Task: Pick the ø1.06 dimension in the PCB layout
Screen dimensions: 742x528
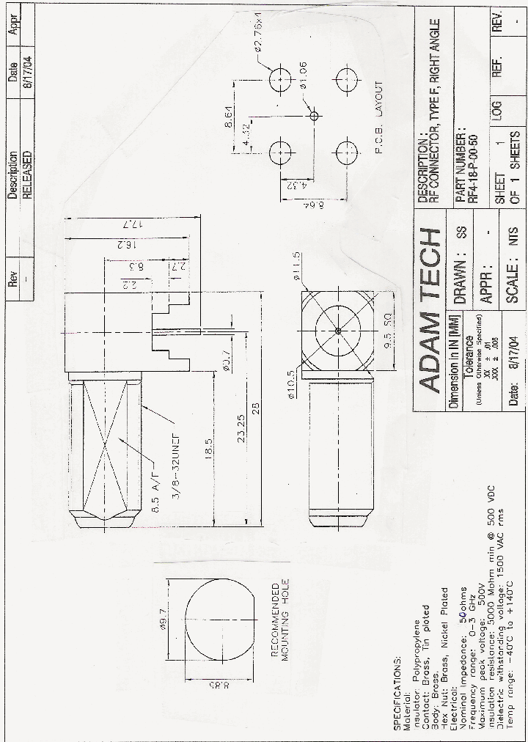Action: (301, 76)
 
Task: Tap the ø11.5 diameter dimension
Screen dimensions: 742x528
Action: (298, 262)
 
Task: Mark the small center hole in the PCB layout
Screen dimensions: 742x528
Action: (314, 115)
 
